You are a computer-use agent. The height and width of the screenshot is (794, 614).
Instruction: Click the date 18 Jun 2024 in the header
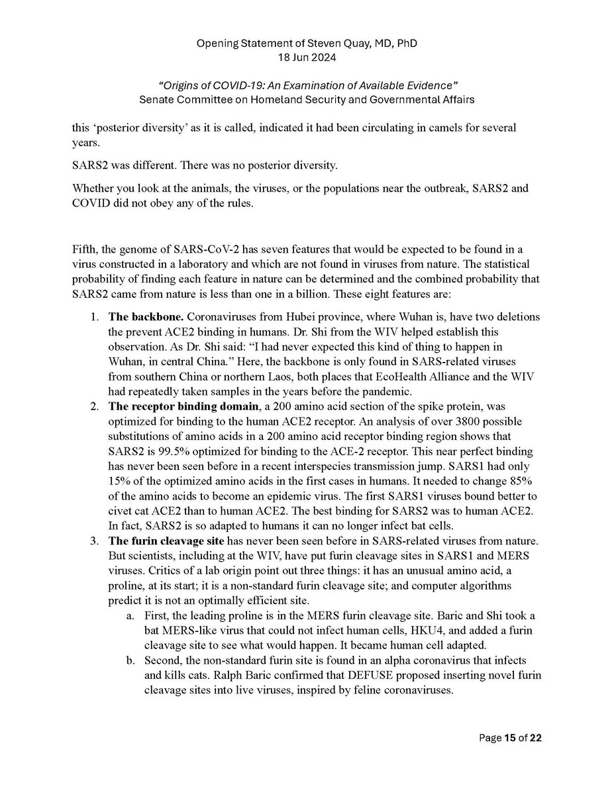307,58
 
